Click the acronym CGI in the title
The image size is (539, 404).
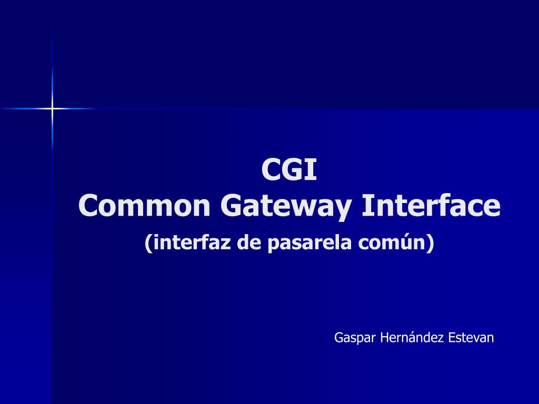(289, 170)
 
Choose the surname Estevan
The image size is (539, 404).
(471, 337)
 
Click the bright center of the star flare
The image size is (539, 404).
(52, 108)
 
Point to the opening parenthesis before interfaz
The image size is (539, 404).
(148, 243)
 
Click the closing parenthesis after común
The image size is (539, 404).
(431, 243)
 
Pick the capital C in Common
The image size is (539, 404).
(88, 206)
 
